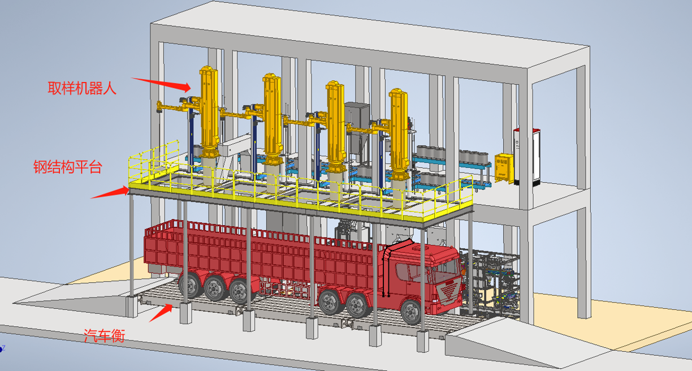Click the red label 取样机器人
point(82,88)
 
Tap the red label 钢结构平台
point(68,167)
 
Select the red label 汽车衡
point(105,335)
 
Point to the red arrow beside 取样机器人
point(161,84)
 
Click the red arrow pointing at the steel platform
point(110,192)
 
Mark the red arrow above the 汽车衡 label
point(161,313)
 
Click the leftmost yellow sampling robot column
point(209,111)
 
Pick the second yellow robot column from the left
point(272,119)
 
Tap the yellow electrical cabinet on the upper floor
point(504,169)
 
